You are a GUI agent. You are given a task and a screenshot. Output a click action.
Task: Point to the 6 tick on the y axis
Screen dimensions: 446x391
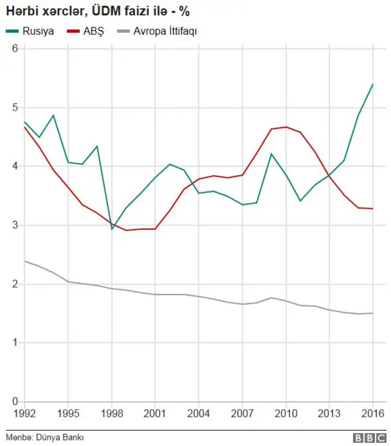click(x=13, y=48)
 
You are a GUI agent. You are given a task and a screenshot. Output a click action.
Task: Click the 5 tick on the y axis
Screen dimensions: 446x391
click(x=13, y=107)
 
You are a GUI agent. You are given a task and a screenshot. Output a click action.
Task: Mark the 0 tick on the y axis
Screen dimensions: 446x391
click(x=13, y=401)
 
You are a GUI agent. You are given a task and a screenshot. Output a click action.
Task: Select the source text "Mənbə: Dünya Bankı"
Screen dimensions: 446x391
click(x=45, y=437)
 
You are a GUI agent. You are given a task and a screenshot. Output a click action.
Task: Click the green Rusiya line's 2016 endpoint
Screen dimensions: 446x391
click(x=372, y=84)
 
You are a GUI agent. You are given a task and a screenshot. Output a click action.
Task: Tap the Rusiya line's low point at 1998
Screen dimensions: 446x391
click(x=112, y=229)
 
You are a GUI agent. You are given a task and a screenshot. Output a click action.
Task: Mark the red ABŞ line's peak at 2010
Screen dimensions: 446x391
click(x=285, y=127)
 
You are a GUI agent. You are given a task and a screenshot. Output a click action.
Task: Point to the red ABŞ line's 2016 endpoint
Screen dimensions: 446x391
click(x=372, y=209)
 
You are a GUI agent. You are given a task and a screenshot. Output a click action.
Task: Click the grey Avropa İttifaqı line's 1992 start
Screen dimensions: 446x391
click(x=25, y=261)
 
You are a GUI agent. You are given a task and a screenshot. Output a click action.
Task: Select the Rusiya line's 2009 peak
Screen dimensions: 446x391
click(x=271, y=154)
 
